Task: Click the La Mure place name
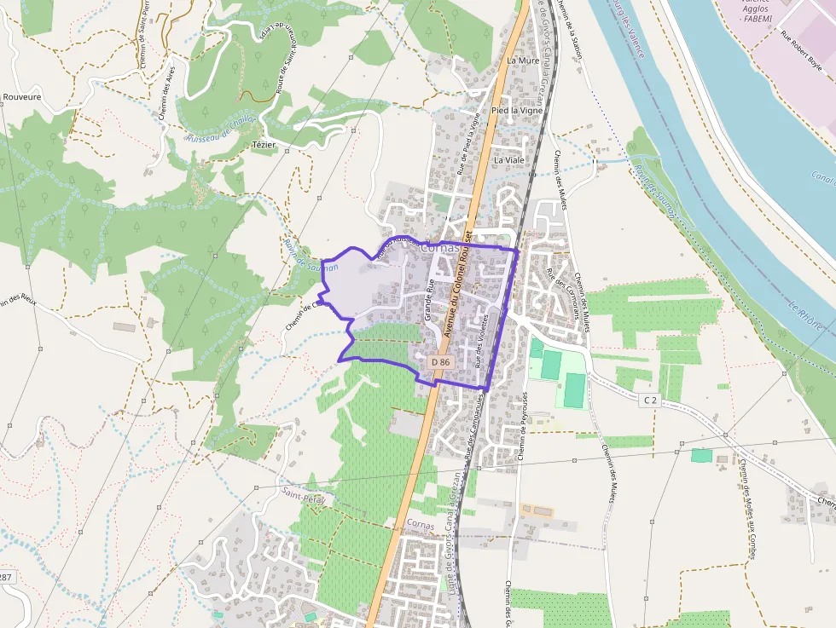coord(523,61)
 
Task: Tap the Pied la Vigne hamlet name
coord(517,111)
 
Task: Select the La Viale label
coord(509,159)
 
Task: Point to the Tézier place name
coord(264,145)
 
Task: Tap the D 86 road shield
coord(440,362)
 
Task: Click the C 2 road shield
coord(651,399)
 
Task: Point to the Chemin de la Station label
coord(571,29)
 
